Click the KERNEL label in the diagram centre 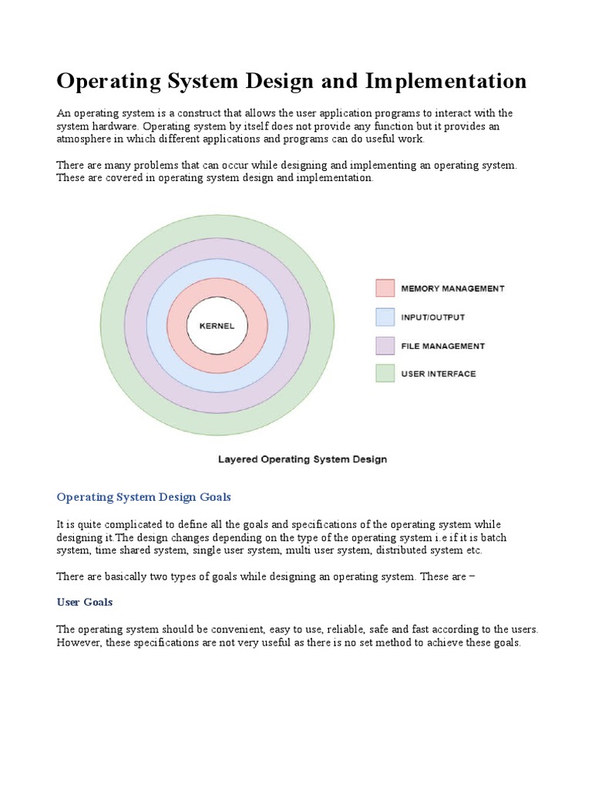[x=217, y=325]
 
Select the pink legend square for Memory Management [x=385, y=288]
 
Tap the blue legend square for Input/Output [x=385, y=317]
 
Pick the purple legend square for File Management [x=385, y=345]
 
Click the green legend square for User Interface [x=385, y=374]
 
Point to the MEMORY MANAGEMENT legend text [x=452, y=289]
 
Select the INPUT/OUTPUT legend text [x=432, y=317]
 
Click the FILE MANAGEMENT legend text [x=442, y=346]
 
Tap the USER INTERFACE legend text [x=439, y=374]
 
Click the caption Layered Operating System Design [x=302, y=459]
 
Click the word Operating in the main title [x=107, y=81]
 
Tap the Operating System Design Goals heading [x=144, y=497]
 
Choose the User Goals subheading [x=85, y=602]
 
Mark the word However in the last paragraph [x=79, y=643]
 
